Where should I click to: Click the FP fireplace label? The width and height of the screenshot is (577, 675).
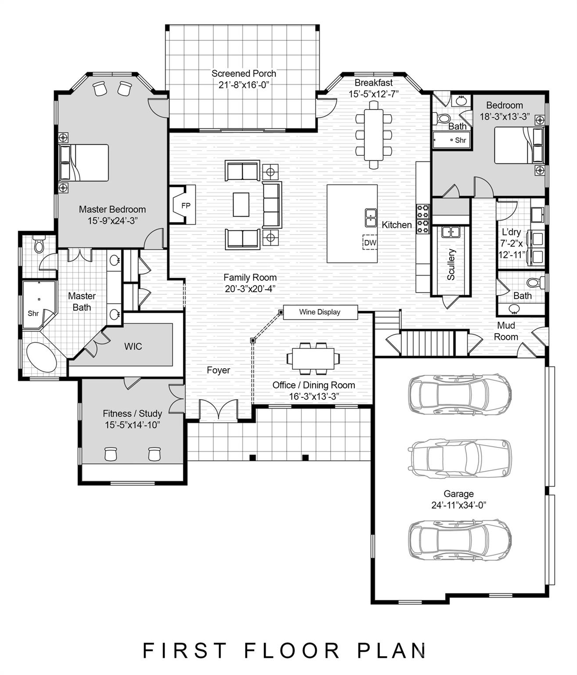[x=186, y=205]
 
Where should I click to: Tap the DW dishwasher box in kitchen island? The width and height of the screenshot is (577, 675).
[x=370, y=242]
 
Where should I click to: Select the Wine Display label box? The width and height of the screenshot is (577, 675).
[x=320, y=312]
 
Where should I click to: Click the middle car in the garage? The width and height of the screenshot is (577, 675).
[x=460, y=458]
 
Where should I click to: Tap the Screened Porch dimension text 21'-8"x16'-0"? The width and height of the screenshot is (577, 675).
[x=244, y=85]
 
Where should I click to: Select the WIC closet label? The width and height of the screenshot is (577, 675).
[x=133, y=346]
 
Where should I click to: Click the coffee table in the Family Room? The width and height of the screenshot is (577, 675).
[x=241, y=205]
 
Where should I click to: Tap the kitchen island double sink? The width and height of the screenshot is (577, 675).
[x=371, y=218]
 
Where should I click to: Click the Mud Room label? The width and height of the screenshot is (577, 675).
[x=506, y=331]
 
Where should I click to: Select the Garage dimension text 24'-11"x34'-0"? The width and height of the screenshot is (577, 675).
[x=458, y=505]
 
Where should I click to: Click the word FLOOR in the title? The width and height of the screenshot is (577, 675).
[x=292, y=650]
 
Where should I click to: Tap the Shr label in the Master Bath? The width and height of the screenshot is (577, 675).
[x=33, y=313]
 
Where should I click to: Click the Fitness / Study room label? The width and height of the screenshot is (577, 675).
[x=132, y=413]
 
